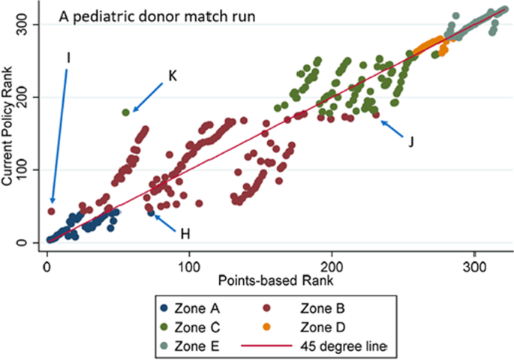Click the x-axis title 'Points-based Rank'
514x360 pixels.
click(277, 279)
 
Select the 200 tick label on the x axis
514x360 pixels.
click(332, 264)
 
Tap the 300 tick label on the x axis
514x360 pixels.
click(475, 264)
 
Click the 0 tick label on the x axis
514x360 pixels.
click(47, 264)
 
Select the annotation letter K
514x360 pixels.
click(172, 75)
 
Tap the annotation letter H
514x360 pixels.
click(185, 234)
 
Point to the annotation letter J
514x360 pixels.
click(410, 141)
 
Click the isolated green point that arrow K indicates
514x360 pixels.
click(125, 112)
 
